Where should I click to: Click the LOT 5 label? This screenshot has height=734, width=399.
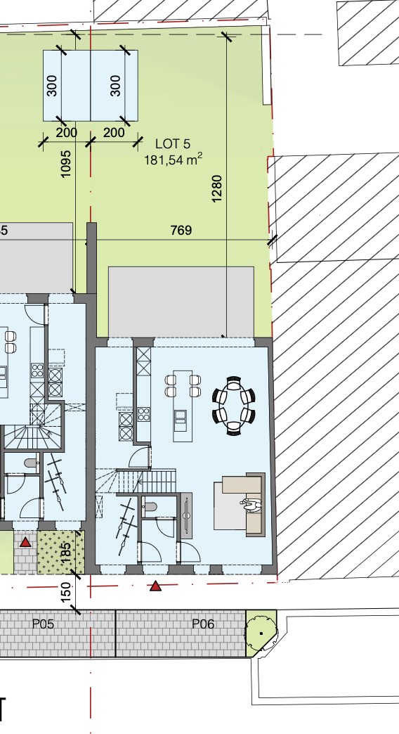172,144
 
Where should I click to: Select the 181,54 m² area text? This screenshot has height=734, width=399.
173,160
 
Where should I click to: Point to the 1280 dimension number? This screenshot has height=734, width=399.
217,188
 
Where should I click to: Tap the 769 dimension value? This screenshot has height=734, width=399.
181,230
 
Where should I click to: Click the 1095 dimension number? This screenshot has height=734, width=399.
66,163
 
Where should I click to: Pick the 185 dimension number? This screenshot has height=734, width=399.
65,550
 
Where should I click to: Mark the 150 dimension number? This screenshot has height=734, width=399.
66,592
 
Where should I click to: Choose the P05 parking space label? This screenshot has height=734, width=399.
43,624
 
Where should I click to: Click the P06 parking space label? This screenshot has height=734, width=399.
202,624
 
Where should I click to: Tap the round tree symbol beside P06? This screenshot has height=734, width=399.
261,631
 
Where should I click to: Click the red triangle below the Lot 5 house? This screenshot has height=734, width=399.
156,585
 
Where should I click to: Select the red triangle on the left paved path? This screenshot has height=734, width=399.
26,541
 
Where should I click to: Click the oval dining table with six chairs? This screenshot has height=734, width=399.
234,406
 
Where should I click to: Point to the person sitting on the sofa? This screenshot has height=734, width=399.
251,505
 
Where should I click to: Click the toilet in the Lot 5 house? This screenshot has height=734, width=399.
149,507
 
